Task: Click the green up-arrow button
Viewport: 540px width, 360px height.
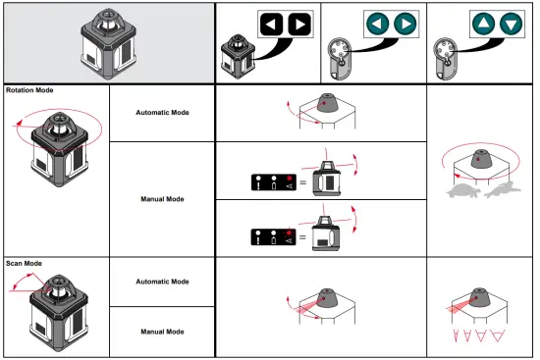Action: pos(482,24)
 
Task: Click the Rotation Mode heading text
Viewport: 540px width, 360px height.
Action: pos(29,90)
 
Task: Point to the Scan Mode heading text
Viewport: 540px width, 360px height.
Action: pos(25,263)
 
